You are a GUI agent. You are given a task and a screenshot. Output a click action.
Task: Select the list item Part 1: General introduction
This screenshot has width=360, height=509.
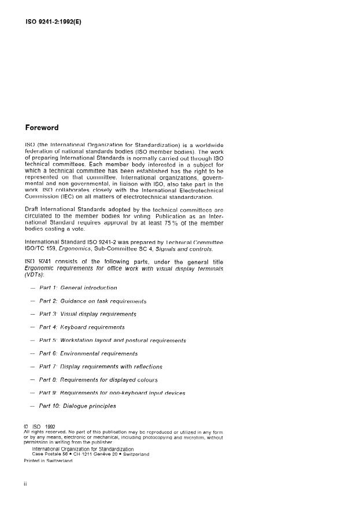[x=78, y=287]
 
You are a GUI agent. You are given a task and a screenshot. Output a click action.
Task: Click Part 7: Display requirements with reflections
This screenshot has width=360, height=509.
[x=101, y=367]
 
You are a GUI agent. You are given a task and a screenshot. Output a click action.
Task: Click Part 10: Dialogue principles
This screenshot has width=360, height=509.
[x=77, y=406]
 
